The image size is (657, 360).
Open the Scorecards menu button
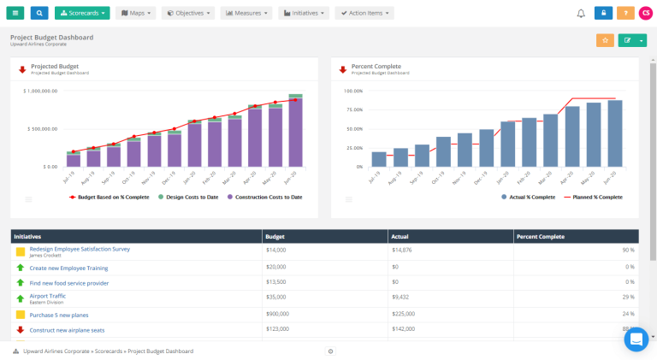82,13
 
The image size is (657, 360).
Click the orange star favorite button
605,40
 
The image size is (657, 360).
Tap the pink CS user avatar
645,13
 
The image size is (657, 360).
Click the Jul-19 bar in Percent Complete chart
379,158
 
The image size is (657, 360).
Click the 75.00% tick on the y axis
353,109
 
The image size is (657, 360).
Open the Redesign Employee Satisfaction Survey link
80,249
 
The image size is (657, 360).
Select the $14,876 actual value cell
402,251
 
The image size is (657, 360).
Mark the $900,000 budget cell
279,314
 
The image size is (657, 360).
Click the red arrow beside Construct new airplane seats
21,329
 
